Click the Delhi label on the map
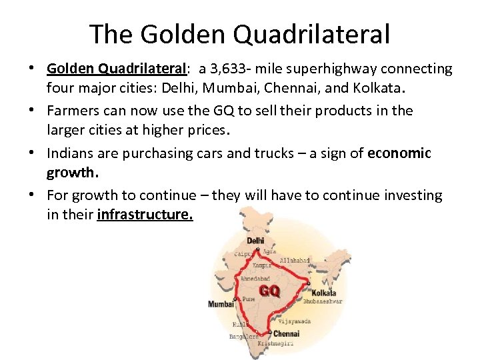[255, 241]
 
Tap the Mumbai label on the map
[221, 304]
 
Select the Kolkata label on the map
[324, 293]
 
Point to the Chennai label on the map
[286, 333]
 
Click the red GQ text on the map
[269, 291]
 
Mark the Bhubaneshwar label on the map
[323, 301]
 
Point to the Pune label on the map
[248, 299]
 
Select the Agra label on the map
[269, 251]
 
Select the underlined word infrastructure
[145, 215]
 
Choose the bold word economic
[399, 153]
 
